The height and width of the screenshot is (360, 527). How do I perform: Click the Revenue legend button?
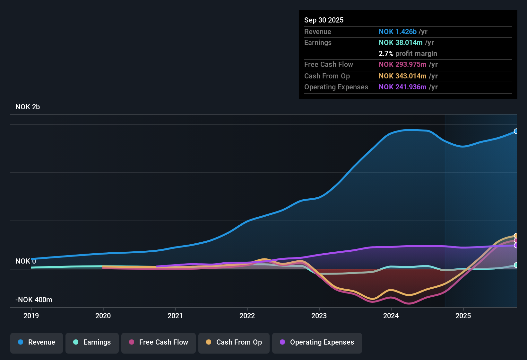tap(37, 342)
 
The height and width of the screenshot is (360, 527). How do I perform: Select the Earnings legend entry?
tap(92, 342)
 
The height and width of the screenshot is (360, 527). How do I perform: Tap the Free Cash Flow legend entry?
tap(159, 342)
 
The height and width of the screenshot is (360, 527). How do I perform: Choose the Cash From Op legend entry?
tap(234, 342)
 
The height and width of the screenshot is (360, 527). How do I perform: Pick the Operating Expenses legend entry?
tap(317, 342)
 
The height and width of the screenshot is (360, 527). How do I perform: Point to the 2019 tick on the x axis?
tap(31, 316)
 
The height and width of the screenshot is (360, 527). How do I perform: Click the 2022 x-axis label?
tap(247, 316)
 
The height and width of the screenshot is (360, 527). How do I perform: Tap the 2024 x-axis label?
tap(391, 316)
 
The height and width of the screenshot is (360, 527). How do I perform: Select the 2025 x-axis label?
tap(463, 316)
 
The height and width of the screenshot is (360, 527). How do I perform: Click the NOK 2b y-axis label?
tap(28, 107)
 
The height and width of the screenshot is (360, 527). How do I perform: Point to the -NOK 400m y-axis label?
tap(34, 300)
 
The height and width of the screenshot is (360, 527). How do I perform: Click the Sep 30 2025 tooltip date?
tap(324, 20)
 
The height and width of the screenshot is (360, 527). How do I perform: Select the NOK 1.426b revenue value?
tap(397, 32)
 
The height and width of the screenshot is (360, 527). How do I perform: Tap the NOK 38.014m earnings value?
tap(401, 43)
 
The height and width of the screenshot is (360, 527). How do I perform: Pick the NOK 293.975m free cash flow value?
tap(402, 65)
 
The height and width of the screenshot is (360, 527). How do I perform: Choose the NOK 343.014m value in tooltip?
tap(402, 76)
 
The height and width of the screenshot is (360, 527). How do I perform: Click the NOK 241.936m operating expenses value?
tap(402, 87)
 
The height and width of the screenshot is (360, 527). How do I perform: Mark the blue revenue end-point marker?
tap(516, 131)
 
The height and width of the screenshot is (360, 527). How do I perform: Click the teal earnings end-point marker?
tap(516, 265)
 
